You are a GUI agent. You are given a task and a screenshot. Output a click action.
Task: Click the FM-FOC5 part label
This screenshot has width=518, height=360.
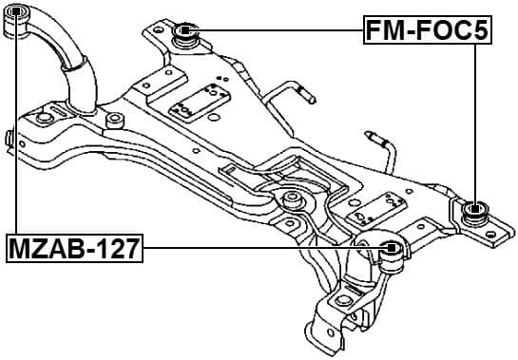[x=429, y=31]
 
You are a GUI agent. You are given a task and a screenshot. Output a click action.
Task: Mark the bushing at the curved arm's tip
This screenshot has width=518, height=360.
[x=18, y=21]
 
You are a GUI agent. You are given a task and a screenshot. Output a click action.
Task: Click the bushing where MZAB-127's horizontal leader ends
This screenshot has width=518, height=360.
[x=391, y=252]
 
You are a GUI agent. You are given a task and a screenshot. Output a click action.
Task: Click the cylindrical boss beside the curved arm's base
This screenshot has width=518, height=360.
[x=115, y=122]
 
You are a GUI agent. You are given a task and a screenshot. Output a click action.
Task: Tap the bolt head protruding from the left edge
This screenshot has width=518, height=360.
[x=6, y=139]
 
